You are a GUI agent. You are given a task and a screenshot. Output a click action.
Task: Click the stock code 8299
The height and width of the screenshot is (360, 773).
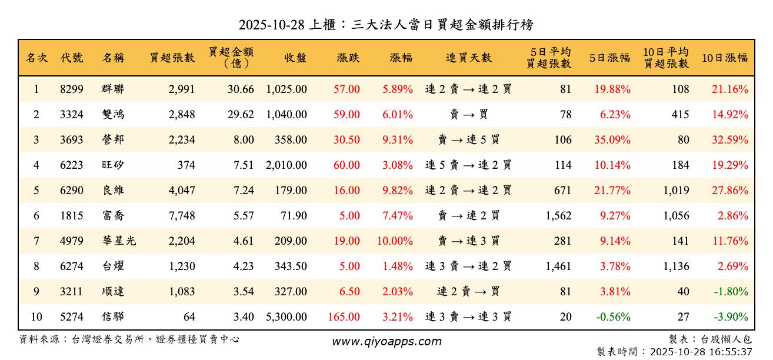pyautogui.click(x=72, y=89)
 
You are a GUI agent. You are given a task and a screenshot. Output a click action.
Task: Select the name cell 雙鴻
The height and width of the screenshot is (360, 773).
pyautogui.click(x=113, y=115)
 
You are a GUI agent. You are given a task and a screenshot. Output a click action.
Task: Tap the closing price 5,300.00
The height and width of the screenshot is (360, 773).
pyautogui.click(x=286, y=316)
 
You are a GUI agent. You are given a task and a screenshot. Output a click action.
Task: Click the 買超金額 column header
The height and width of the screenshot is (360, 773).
pyautogui.click(x=231, y=58)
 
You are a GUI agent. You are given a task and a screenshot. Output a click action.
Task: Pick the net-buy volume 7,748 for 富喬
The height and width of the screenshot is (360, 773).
pyautogui.click(x=181, y=216)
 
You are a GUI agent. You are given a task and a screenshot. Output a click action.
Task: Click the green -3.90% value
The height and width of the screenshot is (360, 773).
pyautogui.click(x=732, y=316)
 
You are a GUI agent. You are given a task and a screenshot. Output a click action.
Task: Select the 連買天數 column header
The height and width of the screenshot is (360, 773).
pyautogui.click(x=468, y=58)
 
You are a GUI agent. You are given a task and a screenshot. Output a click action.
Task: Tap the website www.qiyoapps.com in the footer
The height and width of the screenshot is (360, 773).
pyautogui.click(x=386, y=341)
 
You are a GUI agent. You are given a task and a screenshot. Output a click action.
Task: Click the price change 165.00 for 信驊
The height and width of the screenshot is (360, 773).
pyautogui.click(x=344, y=316)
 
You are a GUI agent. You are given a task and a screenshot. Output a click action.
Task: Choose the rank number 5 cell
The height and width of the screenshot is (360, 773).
pyautogui.click(x=36, y=190)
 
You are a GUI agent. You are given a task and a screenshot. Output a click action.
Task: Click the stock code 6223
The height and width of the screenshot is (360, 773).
pyautogui.click(x=72, y=165)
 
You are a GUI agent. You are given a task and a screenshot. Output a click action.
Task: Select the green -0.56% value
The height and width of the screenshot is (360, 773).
pyautogui.click(x=613, y=316)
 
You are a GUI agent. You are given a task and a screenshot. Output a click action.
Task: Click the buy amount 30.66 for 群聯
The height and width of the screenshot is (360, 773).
pyautogui.click(x=241, y=89)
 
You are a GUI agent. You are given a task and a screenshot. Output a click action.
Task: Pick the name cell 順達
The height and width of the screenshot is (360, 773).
pyautogui.click(x=113, y=291)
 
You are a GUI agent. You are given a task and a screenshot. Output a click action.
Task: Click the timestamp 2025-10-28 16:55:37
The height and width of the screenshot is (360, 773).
pyautogui.click(x=699, y=352)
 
